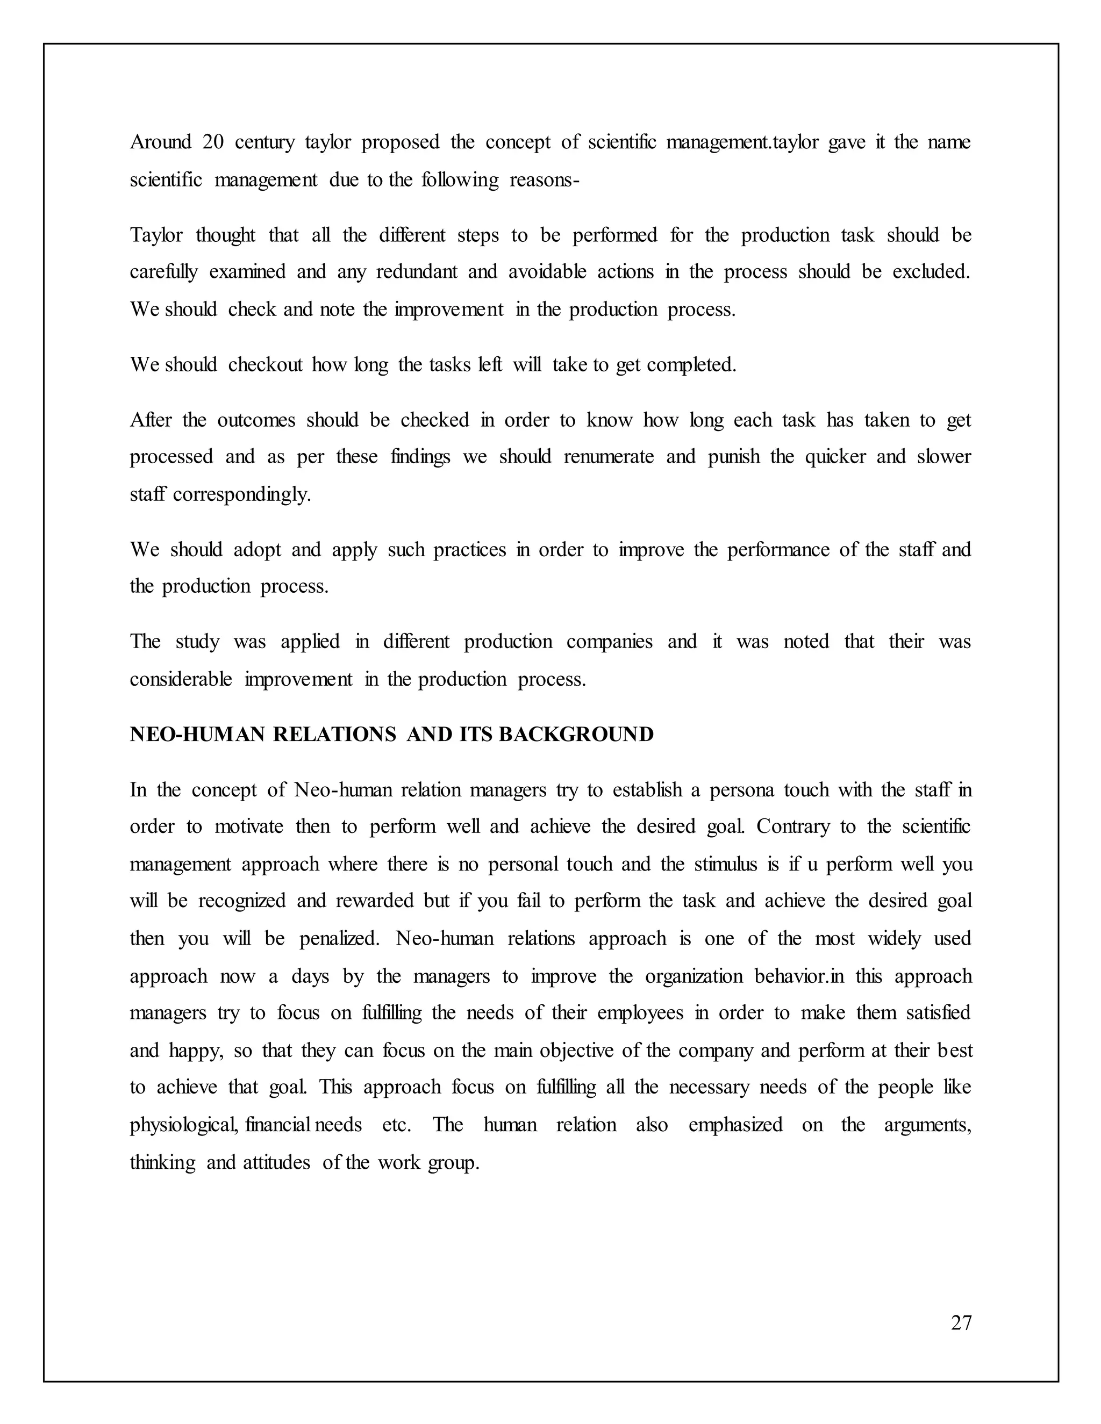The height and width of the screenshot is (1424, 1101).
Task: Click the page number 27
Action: coord(961,1322)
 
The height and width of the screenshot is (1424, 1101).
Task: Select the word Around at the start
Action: coord(160,142)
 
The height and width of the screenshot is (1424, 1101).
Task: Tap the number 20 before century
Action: coord(213,142)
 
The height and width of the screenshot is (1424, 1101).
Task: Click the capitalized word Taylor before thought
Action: coord(156,235)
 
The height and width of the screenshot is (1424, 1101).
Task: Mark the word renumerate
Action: coord(608,456)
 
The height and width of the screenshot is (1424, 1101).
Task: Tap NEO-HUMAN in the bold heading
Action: coord(197,734)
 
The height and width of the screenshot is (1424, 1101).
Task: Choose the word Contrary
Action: coord(797,827)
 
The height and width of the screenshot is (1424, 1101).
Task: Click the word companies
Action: coord(609,642)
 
